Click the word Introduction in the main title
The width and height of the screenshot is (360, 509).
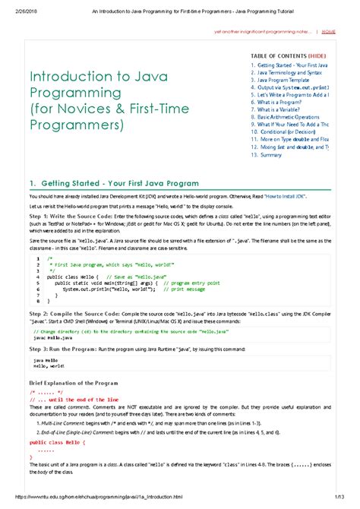coord(65,77)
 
